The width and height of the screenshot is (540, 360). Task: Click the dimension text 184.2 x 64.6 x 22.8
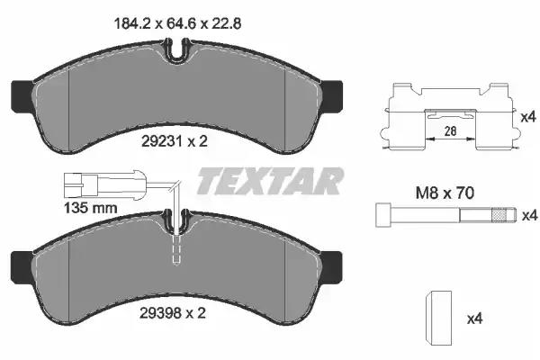(x=177, y=23)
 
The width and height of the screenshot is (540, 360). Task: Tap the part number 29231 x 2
(x=175, y=141)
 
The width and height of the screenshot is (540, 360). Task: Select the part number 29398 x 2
(x=173, y=313)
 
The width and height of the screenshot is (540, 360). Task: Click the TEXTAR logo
(x=270, y=181)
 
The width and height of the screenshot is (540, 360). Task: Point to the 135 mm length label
(x=91, y=208)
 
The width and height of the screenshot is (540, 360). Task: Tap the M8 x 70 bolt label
(x=445, y=193)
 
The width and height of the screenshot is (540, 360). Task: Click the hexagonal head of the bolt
(x=383, y=215)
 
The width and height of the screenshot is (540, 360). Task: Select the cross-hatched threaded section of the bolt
(x=499, y=215)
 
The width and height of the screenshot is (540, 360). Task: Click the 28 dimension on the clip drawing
(x=451, y=130)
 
